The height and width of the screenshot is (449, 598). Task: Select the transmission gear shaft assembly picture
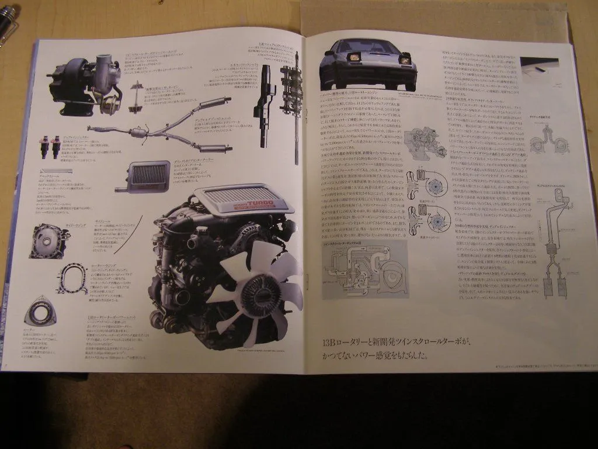[290, 105]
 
